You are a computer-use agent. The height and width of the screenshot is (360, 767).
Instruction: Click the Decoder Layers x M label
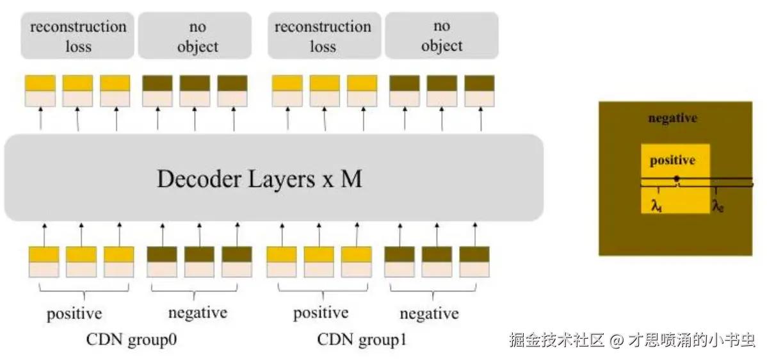point(259,179)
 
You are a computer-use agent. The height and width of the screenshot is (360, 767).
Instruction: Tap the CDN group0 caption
point(131,340)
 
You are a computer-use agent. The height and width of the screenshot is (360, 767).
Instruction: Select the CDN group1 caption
point(362,340)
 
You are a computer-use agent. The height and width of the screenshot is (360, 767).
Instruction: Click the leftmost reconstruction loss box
point(78,36)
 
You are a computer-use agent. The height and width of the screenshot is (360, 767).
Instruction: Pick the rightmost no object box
point(441,36)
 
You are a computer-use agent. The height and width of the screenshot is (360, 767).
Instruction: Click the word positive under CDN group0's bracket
point(74,314)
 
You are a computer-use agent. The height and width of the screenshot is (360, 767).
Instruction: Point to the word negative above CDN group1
point(429,314)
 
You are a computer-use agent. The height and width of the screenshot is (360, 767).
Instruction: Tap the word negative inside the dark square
point(672,119)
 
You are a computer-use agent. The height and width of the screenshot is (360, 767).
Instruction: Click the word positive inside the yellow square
point(672,160)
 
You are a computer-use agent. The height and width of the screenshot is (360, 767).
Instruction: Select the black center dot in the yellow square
point(676,179)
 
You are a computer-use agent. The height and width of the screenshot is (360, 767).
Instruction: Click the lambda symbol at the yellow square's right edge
point(718,206)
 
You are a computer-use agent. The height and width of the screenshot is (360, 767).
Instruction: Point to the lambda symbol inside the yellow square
point(656,206)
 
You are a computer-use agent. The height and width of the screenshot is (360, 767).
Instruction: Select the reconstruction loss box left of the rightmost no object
point(323,36)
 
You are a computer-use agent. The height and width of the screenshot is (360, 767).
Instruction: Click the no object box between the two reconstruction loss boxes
point(197,36)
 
